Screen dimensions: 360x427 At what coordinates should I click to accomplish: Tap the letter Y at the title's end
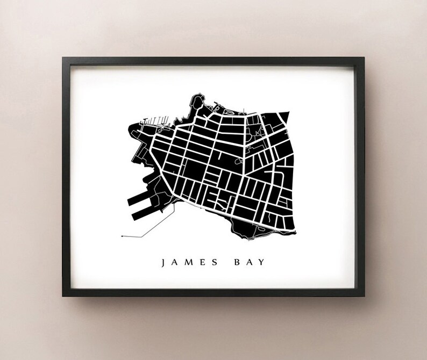[262, 263]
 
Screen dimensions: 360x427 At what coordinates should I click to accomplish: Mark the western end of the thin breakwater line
[122, 236]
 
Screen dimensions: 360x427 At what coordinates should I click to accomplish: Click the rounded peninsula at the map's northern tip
[195, 100]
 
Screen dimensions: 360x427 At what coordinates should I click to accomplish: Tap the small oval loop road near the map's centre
[238, 160]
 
